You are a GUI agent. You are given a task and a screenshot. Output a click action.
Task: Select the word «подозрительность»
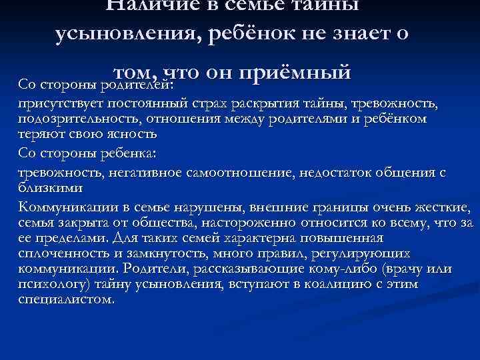click(x=65, y=119)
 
